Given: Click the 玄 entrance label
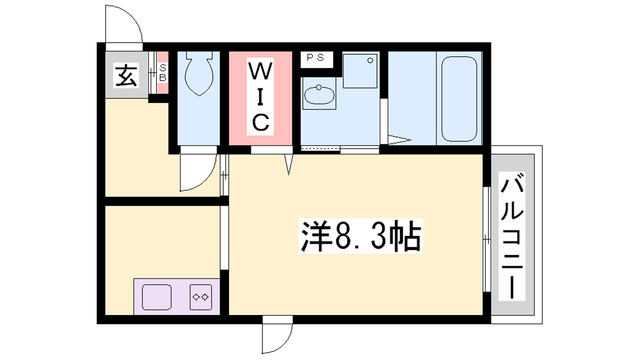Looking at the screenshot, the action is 126,76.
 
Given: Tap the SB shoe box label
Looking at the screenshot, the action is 162,72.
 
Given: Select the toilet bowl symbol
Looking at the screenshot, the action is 199,73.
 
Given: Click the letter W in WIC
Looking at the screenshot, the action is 260,71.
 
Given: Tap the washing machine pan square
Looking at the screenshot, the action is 360,71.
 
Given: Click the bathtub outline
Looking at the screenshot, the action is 459,99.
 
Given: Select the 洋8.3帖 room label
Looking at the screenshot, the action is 361,236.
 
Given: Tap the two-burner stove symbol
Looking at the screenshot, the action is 201,297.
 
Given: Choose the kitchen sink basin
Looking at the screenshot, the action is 157,297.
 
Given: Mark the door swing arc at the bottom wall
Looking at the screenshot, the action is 284,344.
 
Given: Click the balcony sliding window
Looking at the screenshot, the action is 487,239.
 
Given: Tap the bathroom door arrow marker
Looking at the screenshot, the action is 400,140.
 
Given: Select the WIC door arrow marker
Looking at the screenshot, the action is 288,164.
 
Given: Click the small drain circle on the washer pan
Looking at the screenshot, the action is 370,60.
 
